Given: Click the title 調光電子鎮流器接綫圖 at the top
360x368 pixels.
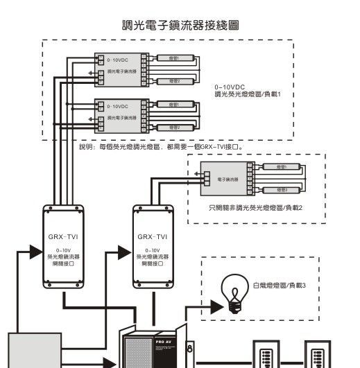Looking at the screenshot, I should pos(180,25).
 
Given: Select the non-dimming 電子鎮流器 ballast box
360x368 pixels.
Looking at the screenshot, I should pos(228,179).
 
